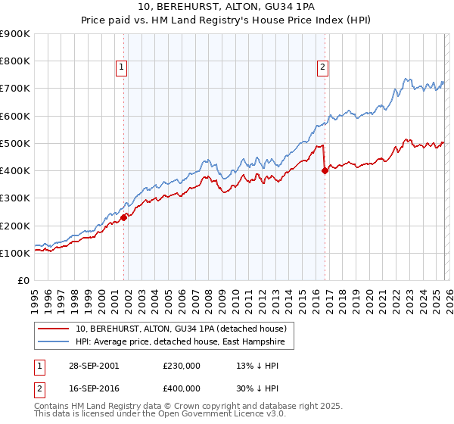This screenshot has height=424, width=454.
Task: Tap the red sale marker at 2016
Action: pos(325,171)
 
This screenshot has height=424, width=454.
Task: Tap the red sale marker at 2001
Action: pos(124,217)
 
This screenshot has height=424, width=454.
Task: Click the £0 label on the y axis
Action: pos(23,281)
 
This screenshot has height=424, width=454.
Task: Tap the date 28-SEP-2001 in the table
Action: pos(92,366)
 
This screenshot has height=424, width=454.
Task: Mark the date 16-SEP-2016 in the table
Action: pos(92,388)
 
